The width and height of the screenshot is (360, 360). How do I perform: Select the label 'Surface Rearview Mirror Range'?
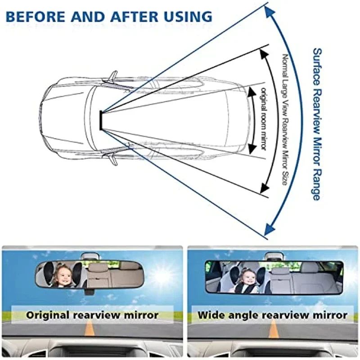point(316,124)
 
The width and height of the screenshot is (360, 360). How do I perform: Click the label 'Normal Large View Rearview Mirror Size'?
point(284,119)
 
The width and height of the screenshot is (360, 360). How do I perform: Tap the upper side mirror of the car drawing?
point(112,77)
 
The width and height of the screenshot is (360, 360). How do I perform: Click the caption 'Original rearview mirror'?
point(92,315)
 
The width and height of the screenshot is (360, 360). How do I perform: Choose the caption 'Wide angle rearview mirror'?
point(273,315)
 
